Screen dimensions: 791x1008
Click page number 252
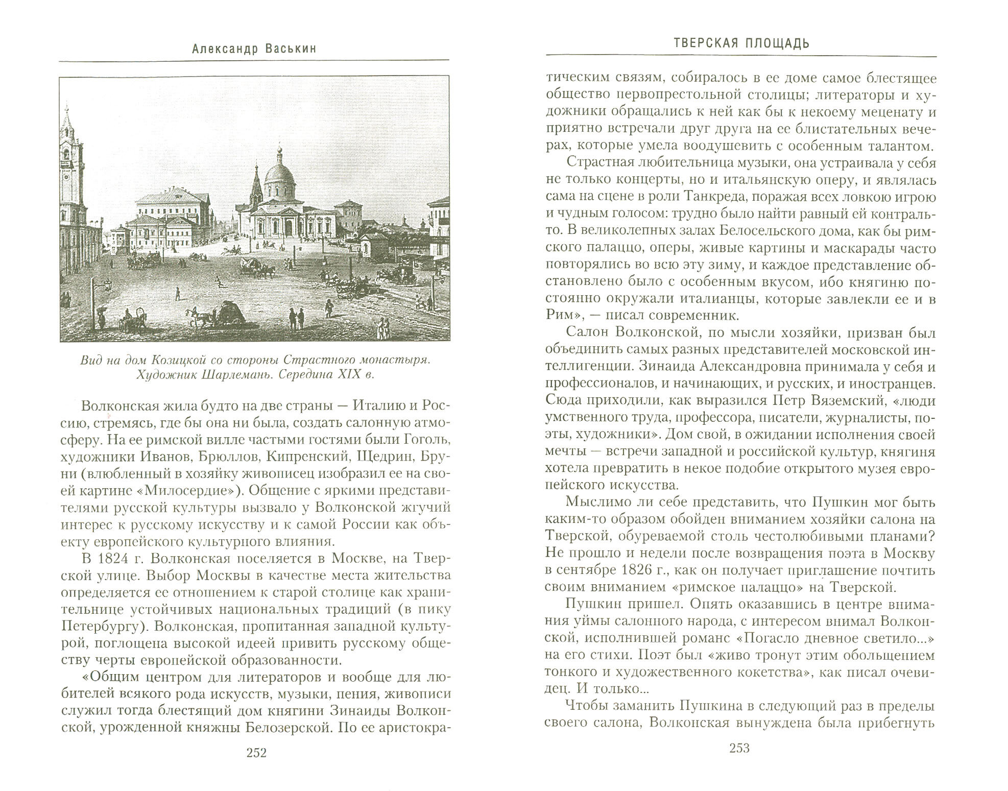(256, 753)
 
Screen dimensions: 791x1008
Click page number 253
(739, 748)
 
